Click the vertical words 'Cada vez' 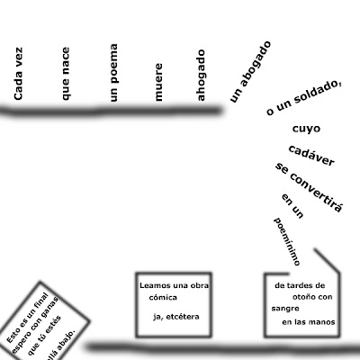18,74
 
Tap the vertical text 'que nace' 65,74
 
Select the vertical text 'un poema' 113,73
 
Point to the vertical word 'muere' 157,82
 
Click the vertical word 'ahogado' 201,75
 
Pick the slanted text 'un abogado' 250,72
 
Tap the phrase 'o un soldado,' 303,98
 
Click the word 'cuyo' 306,129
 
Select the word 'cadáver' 311,156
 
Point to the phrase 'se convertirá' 309,187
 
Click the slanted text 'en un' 292,206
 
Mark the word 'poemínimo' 287,242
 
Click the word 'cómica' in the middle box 163,298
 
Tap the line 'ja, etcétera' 176,317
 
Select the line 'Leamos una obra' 174,285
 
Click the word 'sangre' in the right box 285,309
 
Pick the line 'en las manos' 309,322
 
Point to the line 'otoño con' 312,297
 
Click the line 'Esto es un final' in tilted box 27,318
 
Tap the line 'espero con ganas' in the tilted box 35,324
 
